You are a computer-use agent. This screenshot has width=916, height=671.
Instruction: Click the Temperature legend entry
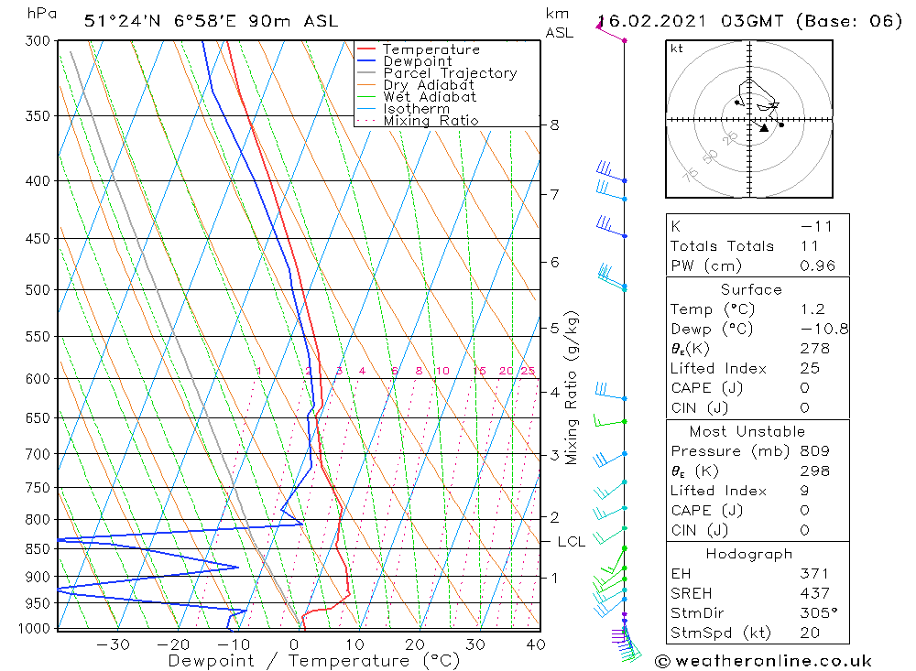[431, 49]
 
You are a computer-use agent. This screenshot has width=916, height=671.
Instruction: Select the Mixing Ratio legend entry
[431, 121]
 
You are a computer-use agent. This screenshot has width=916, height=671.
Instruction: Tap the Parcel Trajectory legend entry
[450, 73]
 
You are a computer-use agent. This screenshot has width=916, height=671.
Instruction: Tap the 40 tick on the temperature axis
[536, 644]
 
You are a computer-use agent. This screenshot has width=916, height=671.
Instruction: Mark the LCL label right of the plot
[571, 542]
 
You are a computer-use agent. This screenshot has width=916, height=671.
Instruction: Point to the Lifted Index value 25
[810, 368]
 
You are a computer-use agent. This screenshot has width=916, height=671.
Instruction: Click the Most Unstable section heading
[747, 431]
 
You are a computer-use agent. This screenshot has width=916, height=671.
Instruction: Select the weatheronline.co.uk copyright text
[764, 660]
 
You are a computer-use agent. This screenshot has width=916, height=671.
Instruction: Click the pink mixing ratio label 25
[528, 371]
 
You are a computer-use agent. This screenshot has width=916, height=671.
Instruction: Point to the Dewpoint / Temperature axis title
[313, 661]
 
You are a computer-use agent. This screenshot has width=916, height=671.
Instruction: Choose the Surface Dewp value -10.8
[822, 329]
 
